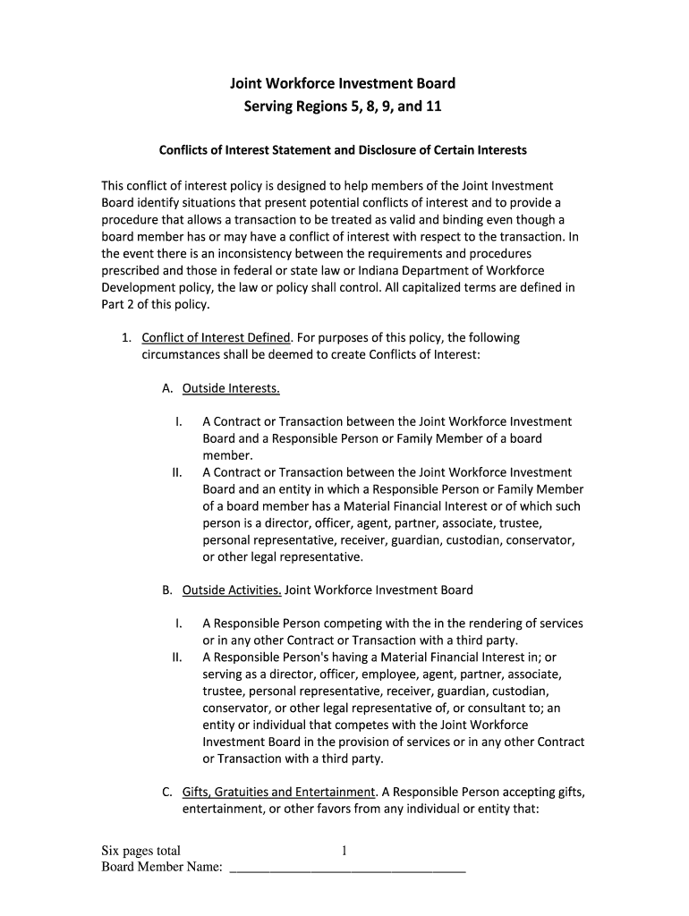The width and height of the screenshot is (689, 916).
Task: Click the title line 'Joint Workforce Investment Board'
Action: (x=343, y=83)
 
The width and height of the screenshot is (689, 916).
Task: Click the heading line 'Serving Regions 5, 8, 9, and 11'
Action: (x=343, y=107)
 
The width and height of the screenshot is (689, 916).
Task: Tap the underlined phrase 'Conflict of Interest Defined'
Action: (x=216, y=337)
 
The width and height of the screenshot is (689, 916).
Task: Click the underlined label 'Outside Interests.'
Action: (x=231, y=388)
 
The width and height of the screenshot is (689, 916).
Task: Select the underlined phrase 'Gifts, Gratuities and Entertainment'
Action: (x=277, y=792)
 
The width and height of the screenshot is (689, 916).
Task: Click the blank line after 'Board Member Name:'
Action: (x=348, y=866)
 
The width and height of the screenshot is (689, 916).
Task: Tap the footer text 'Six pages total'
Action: (x=140, y=851)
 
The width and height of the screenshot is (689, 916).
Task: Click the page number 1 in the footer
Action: (x=344, y=851)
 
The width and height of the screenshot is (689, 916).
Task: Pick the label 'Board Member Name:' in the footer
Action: (x=161, y=867)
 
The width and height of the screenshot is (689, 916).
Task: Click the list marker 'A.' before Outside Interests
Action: (x=167, y=388)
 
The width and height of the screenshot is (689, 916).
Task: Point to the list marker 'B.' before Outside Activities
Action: (x=167, y=589)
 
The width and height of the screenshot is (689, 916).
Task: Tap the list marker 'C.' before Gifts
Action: (x=167, y=792)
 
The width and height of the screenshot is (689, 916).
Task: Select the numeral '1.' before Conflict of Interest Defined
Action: (x=127, y=337)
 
